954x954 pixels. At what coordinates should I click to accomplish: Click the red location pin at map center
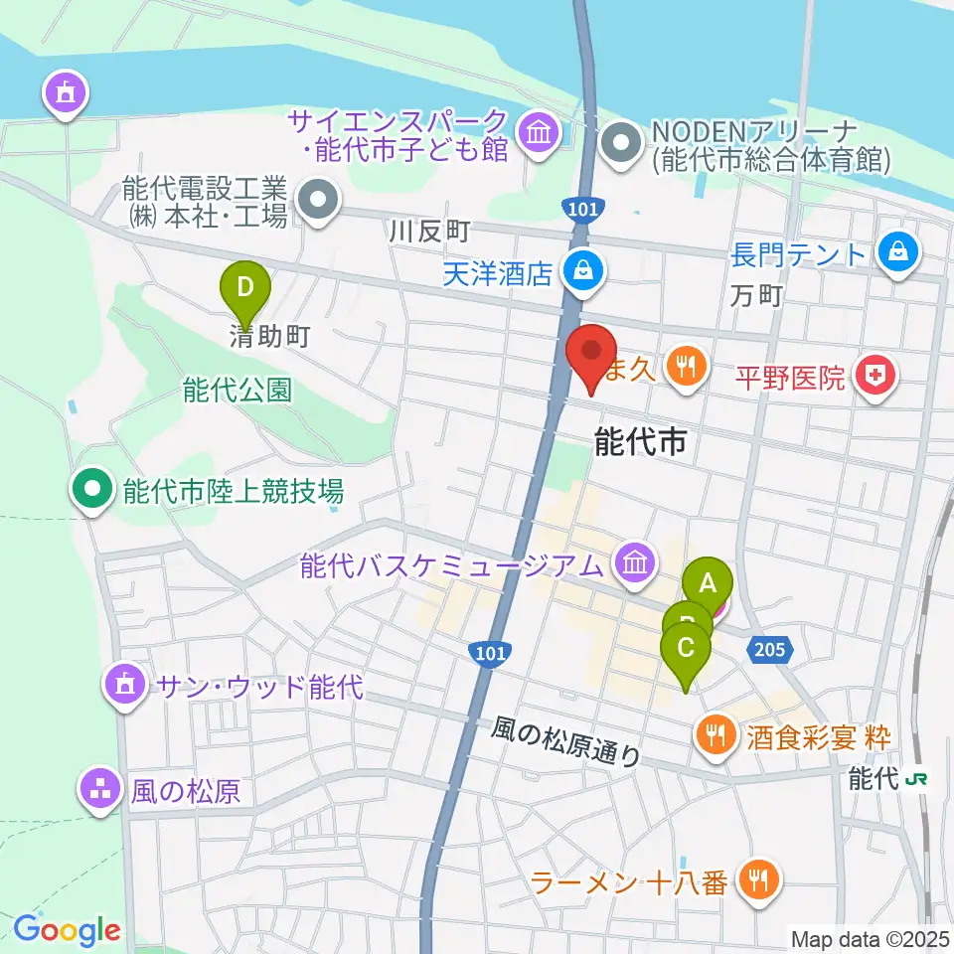coord(591,356)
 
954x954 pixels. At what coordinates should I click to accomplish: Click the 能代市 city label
coord(640,442)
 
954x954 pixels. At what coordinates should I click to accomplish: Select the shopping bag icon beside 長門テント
coord(898,252)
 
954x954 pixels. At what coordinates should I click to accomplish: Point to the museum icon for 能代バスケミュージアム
coord(634,563)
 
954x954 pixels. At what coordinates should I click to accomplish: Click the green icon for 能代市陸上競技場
coord(92,489)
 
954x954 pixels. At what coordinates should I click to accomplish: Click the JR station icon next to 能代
coord(918,780)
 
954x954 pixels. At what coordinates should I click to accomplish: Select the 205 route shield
coord(774,648)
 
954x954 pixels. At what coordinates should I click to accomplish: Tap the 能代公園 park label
coord(238,391)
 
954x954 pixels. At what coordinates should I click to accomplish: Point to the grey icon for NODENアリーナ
coord(623,143)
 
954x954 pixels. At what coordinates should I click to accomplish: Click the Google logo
coord(67,930)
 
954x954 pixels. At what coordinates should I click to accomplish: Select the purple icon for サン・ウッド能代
coord(124,684)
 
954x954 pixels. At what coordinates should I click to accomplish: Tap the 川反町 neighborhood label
coord(429,233)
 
